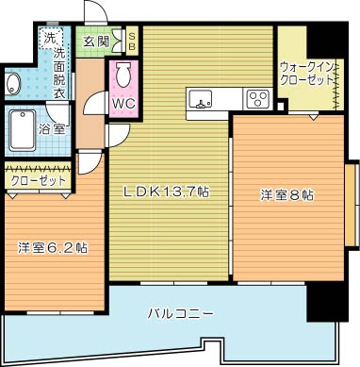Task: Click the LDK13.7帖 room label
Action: [x=168, y=192]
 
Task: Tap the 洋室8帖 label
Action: [x=286, y=195]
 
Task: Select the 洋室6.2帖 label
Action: [x=53, y=248]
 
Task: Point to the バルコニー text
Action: [x=180, y=312]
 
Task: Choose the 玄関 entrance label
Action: [x=94, y=42]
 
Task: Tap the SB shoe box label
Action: [x=132, y=41]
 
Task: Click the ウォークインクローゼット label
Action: [x=307, y=75]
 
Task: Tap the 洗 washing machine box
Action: [x=48, y=41]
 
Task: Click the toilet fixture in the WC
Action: [x=123, y=75]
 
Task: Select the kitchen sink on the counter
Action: [x=202, y=98]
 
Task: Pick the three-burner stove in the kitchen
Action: [x=257, y=97]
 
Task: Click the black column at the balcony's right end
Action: [x=325, y=302]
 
